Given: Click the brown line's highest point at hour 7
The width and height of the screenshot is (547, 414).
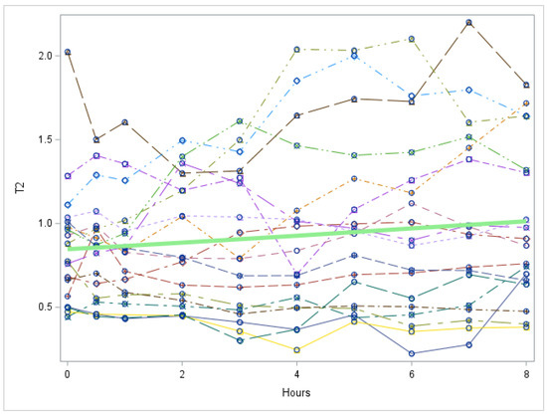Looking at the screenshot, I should point(468,23).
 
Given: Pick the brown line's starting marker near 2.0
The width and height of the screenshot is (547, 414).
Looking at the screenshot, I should point(68,52).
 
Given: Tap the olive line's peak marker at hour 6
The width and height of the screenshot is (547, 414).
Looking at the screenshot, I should point(412,39).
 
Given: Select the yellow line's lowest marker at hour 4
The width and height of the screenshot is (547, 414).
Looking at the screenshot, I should point(297,349).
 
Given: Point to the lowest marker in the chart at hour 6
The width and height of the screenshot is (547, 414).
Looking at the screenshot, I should point(412,353).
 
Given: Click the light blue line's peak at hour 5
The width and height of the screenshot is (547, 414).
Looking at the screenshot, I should point(354,56).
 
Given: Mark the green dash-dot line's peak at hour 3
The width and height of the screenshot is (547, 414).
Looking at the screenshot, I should point(240,121).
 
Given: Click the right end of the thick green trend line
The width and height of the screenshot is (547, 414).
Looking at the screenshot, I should point(526,222).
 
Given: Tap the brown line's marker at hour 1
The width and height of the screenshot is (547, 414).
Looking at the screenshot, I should point(125,122).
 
